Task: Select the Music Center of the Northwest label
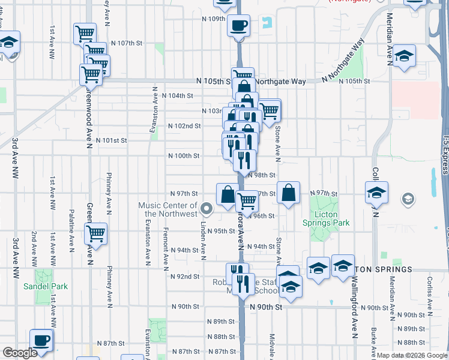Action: coord(167,209)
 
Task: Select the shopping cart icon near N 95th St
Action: coord(95,233)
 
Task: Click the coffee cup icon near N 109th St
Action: coord(238,26)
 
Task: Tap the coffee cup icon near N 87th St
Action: coord(41,340)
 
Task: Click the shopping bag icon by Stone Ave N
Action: coord(288,193)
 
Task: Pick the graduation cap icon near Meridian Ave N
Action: coord(405,56)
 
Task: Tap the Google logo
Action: coord(20,353)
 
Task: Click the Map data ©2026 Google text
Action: coord(412,355)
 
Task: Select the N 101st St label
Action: coord(113,140)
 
